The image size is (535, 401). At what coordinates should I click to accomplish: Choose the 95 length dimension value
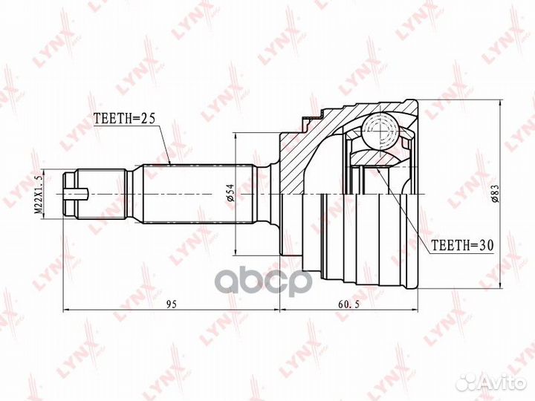click(171, 303)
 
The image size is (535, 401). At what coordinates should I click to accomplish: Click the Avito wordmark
click(499, 381)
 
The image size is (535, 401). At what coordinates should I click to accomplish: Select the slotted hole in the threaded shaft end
click(78, 195)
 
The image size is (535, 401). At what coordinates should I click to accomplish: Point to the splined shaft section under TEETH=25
click(197, 195)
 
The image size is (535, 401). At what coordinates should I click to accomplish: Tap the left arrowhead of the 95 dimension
click(68, 308)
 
